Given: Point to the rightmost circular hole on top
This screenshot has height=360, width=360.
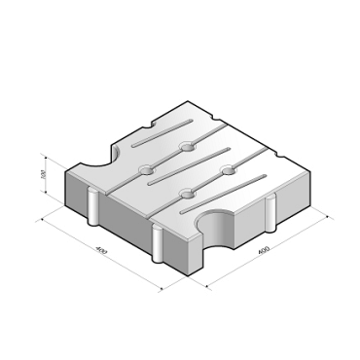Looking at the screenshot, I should pos(230,171).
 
